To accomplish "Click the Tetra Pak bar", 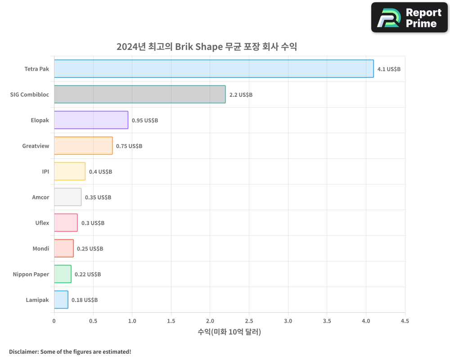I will click(x=214, y=69).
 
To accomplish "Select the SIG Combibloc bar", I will click(x=139, y=94).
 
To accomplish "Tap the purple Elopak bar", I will click(x=91, y=120).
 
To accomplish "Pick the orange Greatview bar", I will click(x=83, y=146).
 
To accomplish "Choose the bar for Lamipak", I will click(x=61, y=300).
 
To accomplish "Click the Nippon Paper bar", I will click(x=63, y=274).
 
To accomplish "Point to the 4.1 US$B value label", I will click(x=389, y=69).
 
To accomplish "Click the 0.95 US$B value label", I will click(x=145, y=121).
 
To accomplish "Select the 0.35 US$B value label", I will click(x=98, y=198).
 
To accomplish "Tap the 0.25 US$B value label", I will click(x=90, y=249).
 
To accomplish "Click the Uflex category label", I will click(x=42, y=223).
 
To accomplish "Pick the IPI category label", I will click(x=45, y=172).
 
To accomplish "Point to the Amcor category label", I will click(x=40, y=198).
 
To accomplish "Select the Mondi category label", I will click(x=41, y=249).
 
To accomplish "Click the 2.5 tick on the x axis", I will click(x=249, y=321).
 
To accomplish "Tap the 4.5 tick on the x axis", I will click(x=405, y=321).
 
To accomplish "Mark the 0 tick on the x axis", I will click(x=54, y=321).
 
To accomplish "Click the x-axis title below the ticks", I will click(x=229, y=332).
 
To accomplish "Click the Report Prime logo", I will click(x=409, y=18).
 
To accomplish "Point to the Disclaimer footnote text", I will click(x=70, y=351).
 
